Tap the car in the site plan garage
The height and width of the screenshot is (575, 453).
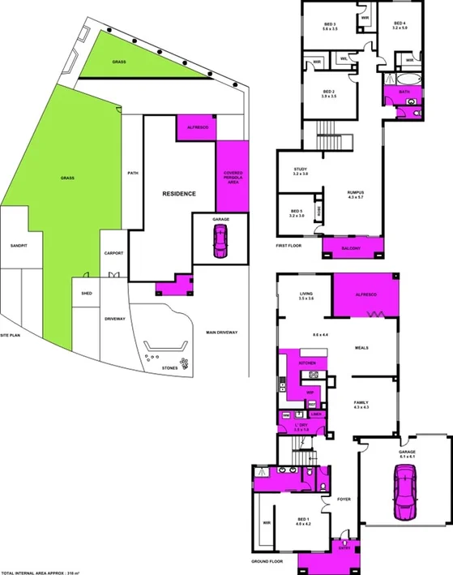coord(219,242)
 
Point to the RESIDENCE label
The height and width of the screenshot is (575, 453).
coord(179,194)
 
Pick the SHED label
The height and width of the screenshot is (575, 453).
coord(87,294)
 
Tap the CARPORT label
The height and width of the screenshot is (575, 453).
coord(113,254)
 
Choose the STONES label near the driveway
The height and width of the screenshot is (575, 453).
coord(169,367)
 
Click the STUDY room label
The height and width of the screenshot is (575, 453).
coord(300,170)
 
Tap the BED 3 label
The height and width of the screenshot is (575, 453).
coord(329,25)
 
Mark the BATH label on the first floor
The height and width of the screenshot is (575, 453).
coord(404,92)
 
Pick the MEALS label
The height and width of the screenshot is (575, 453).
coord(361,347)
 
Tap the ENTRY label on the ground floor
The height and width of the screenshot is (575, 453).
coord(344,547)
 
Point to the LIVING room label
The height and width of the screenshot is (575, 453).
coord(306,295)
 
